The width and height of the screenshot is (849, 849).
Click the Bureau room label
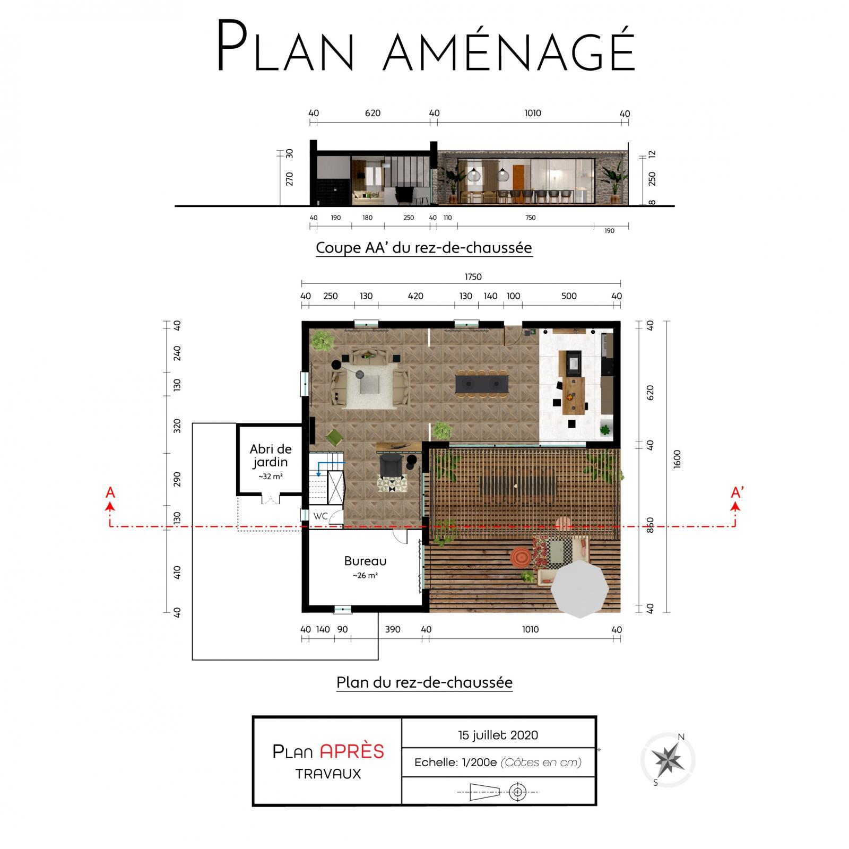365,561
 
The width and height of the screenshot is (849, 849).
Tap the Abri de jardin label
271,455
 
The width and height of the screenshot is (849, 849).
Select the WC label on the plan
320,516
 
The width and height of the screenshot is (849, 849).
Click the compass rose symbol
668,760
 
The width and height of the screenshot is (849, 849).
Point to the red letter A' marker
737,493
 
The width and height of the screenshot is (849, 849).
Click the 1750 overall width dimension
473,277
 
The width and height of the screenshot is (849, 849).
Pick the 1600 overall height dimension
677,460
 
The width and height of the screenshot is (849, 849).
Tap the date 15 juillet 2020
498,735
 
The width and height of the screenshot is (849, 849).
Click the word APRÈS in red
352,751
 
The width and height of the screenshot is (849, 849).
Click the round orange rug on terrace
521,557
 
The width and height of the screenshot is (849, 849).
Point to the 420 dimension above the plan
415,296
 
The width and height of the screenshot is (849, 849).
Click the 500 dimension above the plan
569,296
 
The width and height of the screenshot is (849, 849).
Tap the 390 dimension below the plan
393,629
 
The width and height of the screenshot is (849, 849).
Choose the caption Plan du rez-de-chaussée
424,682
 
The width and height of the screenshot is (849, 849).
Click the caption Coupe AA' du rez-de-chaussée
424,247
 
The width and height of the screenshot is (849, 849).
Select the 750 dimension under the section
531,218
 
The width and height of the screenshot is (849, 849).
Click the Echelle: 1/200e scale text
455,763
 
